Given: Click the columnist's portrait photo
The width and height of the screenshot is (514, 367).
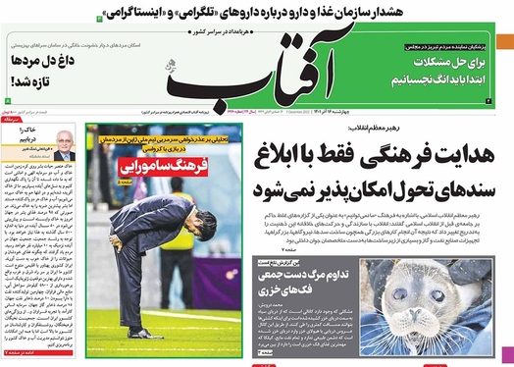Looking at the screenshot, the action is coord(65,144).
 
